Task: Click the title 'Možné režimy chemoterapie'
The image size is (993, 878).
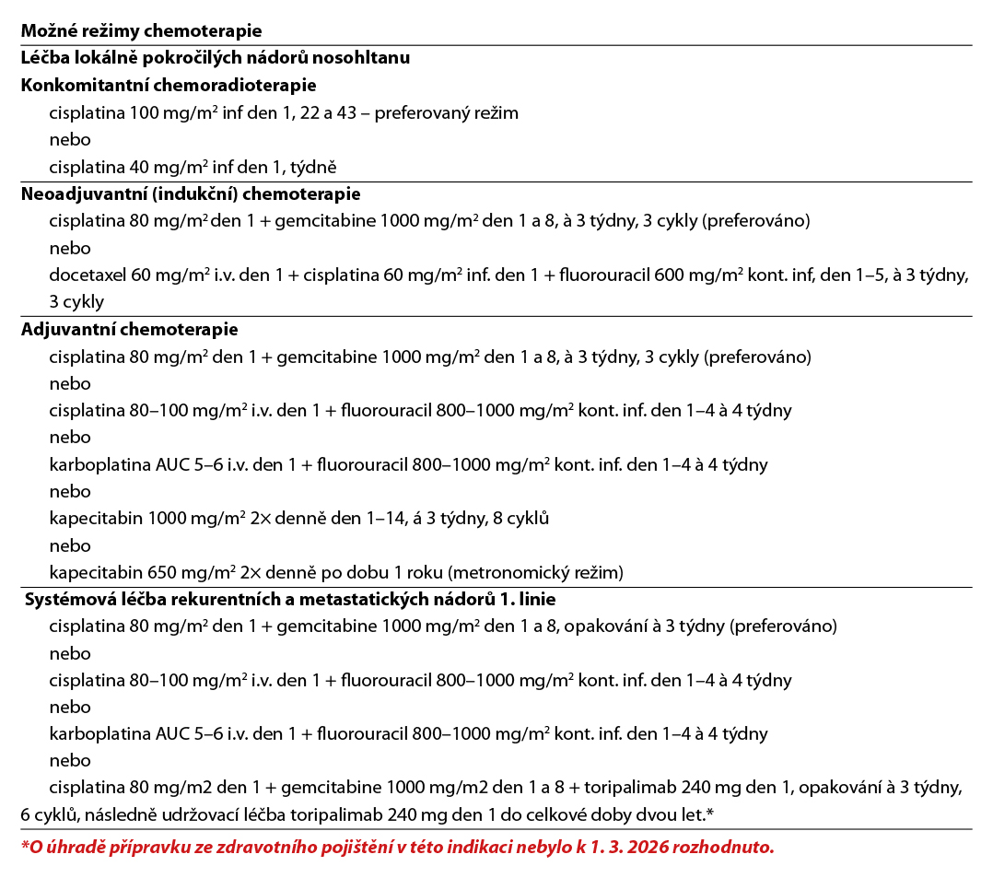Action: click(141, 31)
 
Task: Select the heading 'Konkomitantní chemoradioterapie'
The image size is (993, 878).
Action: click(169, 86)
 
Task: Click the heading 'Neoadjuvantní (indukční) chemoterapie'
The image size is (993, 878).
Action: click(191, 194)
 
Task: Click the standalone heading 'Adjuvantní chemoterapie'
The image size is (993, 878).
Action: click(130, 329)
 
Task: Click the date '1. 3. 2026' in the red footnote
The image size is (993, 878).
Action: click(629, 847)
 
